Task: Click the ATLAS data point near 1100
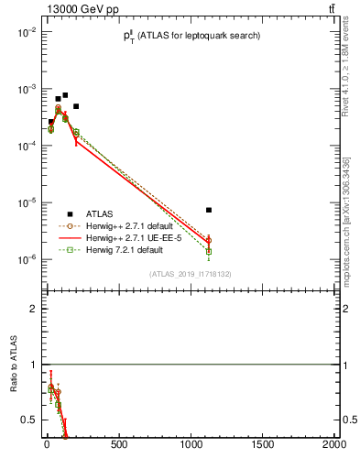pos(209,210)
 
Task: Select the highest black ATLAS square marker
pos(65,95)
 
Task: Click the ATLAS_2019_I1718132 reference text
pos(191,273)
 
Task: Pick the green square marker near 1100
pos(209,251)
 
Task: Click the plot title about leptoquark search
pos(192,36)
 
